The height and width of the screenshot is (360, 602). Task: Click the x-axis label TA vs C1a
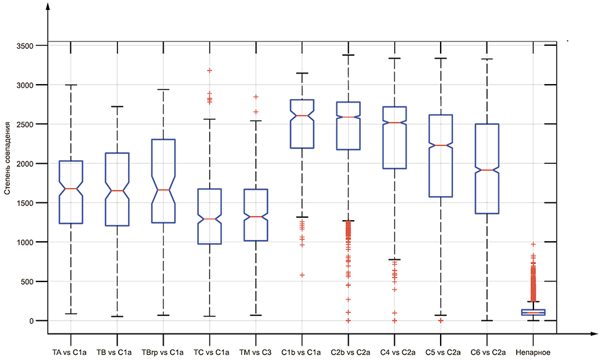pos(70,352)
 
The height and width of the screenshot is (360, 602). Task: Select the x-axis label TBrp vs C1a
pos(163,352)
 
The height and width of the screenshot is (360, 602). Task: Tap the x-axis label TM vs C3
pos(255,352)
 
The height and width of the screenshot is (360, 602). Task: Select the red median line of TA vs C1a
pos(70,189)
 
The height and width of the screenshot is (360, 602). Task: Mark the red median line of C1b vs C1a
pos(302,116)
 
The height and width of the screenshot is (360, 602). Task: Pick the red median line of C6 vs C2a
pos(486,170)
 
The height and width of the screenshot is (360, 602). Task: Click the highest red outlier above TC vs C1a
pos(210,71)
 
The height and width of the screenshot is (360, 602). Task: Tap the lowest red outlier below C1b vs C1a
pos(302,275)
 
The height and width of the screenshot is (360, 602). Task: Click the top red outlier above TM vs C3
pos(255,96)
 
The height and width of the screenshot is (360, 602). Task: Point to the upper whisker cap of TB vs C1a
pos(117,106)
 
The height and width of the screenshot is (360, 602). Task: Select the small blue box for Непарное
pos(533,312)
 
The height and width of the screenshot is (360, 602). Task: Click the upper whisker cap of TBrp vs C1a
pos(163,90)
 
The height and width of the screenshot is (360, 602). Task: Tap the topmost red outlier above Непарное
pos(533,244)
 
